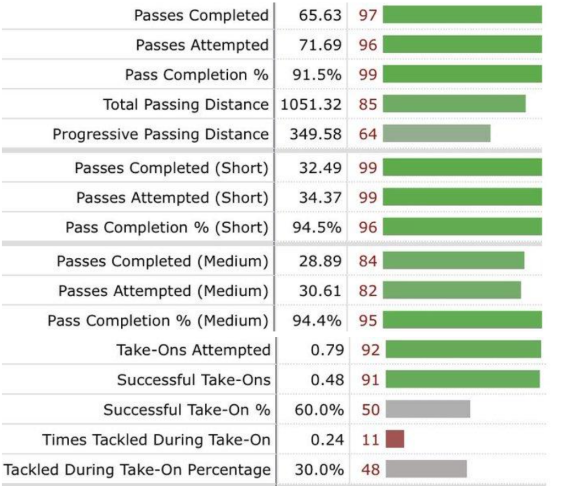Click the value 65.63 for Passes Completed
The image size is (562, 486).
320,15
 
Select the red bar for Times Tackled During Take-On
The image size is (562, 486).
395,439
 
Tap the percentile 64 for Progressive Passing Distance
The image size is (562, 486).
368,133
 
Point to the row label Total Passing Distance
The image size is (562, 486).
186,104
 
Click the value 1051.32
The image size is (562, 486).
311,104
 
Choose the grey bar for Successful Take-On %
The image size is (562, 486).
428,409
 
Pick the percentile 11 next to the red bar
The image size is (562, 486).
370,439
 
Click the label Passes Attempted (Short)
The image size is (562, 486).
172,197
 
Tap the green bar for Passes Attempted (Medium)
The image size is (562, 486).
452,290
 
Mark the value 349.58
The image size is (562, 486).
320,134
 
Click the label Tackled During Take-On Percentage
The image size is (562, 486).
137,470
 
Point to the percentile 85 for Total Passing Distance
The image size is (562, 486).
368,104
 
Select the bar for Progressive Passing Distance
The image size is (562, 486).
436,133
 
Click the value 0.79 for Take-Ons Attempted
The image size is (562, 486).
327,349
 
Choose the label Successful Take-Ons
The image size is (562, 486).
194,380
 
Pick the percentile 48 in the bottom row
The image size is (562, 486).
370,470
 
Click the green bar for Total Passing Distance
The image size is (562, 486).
454,104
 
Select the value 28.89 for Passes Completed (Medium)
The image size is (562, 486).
320,261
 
